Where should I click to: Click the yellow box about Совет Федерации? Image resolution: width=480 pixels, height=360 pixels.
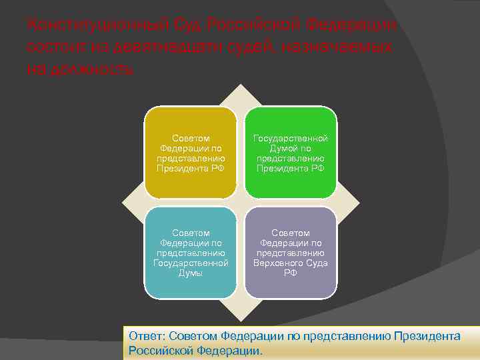pyautogui.click(x=191, y=153)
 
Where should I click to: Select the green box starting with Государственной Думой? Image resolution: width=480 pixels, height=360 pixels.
pyautogui.click(x=291, y=153)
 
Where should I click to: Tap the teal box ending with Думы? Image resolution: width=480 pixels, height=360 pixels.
pyautogui.click(x=191, y=253)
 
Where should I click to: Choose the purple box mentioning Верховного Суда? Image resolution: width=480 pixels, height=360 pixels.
pyautogui.click(x=291, y=253)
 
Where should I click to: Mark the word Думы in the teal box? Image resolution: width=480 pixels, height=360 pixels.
pyautogui.click(x=191, y=273)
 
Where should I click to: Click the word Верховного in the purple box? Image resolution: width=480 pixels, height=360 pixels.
pyautogui.click(x=278, y=263)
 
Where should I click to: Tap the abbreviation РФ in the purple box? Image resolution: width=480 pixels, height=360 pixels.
pyautogui.click(x=291, y=273)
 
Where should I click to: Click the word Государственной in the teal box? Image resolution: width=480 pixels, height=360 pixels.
pyautogui.click(x=191, y=263)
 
